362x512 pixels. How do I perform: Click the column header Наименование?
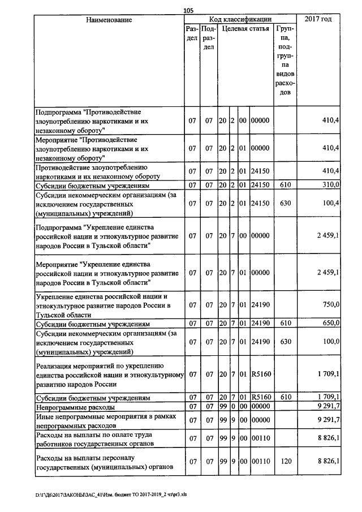point(109,20)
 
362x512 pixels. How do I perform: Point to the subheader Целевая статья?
point(245,28)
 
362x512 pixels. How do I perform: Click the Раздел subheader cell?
point(192,33)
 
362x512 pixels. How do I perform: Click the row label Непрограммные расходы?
point(75,407)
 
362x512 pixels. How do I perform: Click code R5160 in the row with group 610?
point(261,398)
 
